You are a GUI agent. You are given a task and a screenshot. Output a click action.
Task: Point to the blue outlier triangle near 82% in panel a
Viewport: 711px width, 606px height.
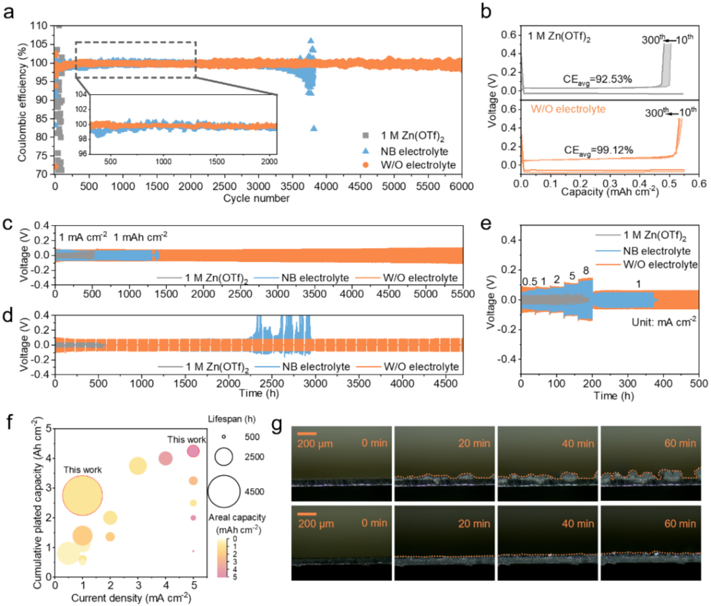[x=314, y=128]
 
